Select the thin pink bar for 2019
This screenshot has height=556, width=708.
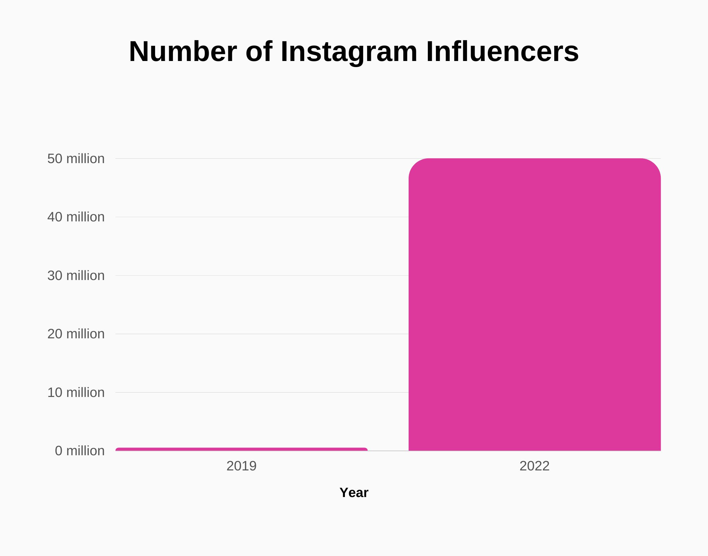click(x=241, y=449)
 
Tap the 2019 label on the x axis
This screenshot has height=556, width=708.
click(x=241, y=466)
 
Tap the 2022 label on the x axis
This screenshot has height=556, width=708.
click(x=534, y=466)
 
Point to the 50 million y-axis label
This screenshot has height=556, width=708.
click(x=76, y=159)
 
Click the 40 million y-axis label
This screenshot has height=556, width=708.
click(x=76, y=217)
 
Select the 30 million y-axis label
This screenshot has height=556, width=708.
click(x=76, y=276)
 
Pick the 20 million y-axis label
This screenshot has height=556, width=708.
click(x=76, y=334)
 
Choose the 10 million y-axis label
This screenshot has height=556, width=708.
click(x=76, y=393)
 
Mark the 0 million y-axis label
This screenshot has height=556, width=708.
click(x=80, y=451)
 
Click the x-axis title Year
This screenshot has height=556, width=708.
click(x=354, y=493)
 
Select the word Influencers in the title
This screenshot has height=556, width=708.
click(x=502, y=52)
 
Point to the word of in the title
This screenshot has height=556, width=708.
click(x=259, y=52)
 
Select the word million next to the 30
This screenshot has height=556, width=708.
click(x=85, y=276)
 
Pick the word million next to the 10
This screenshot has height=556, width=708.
click(x=85, y=393)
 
